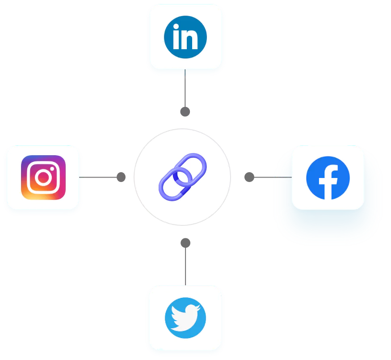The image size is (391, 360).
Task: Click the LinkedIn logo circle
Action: point(185,37)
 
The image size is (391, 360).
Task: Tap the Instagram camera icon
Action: point(43,178)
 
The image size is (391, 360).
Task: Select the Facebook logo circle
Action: point(328,178)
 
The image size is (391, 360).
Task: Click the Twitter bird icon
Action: point(185,318)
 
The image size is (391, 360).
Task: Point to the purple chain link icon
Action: point(182,176)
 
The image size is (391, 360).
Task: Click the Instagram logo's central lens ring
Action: point(43,178)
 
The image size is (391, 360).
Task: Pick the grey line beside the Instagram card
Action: point(98,177)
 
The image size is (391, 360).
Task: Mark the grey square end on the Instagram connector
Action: point(121,177)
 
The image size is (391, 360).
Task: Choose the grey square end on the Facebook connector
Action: point(250,178)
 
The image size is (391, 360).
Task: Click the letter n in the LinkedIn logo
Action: point(191,40)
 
